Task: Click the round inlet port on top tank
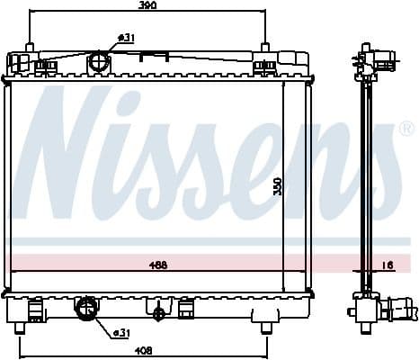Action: [99, 64]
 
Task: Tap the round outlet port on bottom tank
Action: [87, 310]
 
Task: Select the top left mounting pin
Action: [30, 47]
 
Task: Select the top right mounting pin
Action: [265, 47]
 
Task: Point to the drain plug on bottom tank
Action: [160, 314]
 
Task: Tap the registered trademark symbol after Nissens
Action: [405, 129]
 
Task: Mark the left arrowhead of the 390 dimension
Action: [33, 13]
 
